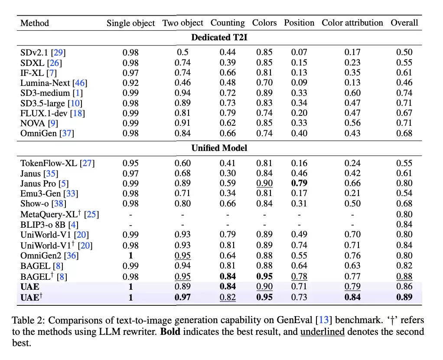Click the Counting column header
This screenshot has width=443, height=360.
(x=228, y=23)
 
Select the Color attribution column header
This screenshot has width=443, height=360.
(x=352, y=23)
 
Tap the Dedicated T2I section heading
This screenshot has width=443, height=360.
(x=219, y=37)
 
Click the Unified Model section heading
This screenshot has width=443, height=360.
(x=219, y=148)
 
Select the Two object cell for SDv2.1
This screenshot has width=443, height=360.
(x=182, y=52)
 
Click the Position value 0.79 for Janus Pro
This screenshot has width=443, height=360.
(x=299, y=183)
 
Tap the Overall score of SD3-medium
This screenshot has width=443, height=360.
(x=404, y=93)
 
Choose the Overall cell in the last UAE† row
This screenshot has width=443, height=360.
(x=404, y=297)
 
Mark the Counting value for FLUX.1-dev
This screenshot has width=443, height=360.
(x=228, y=113)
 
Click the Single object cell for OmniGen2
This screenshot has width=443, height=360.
(x=130, y=256)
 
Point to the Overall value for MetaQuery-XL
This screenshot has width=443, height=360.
(x=404, y=214)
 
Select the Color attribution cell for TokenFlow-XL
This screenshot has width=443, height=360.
(x=352, y=164)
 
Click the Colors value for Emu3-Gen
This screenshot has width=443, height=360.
(x=264, y=193)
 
